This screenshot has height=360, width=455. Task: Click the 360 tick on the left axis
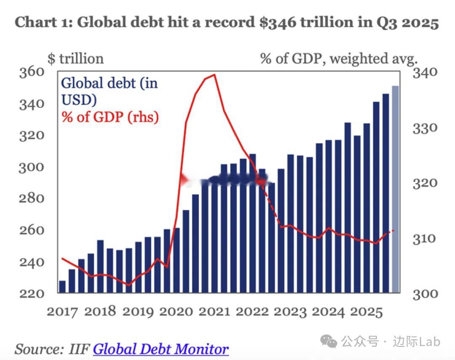31,72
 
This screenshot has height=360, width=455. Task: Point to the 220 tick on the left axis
31,293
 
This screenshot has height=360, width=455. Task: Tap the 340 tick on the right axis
425,72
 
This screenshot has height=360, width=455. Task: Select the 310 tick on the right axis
425,239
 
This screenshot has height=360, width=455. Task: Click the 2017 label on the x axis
62,312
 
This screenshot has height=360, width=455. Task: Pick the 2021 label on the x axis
214,312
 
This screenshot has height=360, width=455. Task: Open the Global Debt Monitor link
161,349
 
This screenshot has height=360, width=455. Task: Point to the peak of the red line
214,75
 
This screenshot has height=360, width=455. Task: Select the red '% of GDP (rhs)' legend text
110,117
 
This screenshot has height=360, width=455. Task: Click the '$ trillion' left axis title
75,59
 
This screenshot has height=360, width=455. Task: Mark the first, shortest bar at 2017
62,287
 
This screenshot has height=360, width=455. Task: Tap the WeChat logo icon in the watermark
328,341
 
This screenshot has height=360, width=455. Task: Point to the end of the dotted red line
393,230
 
